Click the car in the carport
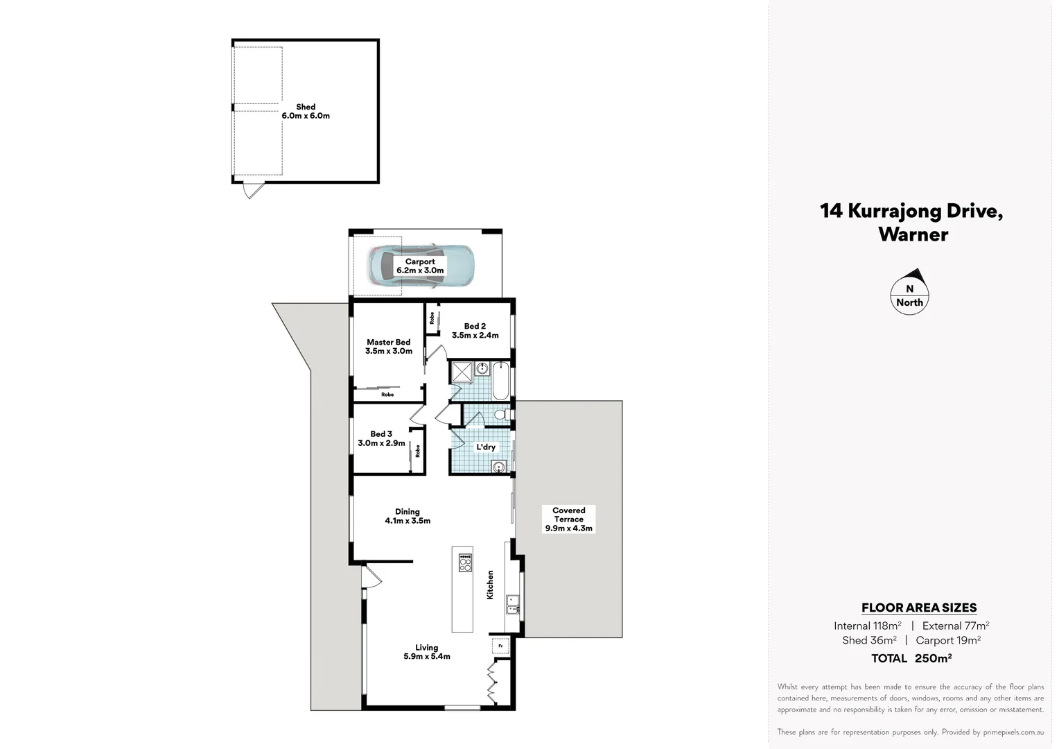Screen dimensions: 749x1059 (x=421, y=266)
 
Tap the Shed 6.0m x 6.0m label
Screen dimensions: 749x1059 (x=306, y=112)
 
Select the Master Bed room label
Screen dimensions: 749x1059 (x=388, y=347)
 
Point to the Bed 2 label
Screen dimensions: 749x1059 (x=475, y=331)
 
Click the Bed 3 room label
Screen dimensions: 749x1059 (x=381, y=438)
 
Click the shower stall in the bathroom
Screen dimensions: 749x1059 (x=461, y=372)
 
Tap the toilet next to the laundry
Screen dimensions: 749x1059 (x=502, y=415)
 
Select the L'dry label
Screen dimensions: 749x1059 (x=486, y=447)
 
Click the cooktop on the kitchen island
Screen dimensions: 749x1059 (x=465, y=562)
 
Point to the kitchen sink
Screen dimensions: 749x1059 (x=513, y=604)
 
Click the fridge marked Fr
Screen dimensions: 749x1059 (x=500, y=646)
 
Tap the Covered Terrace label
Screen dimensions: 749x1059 (x=568, y=519)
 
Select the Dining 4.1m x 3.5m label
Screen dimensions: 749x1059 (x=408, y=517)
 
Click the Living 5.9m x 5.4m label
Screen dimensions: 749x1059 (x=427, y=652)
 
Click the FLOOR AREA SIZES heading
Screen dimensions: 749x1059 (x=919, y=608)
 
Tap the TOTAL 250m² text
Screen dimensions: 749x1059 (x=911, y=658)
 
